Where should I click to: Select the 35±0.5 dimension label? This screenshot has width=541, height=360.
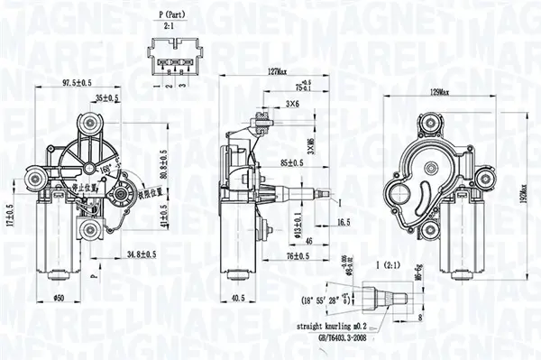click(108, 97)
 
